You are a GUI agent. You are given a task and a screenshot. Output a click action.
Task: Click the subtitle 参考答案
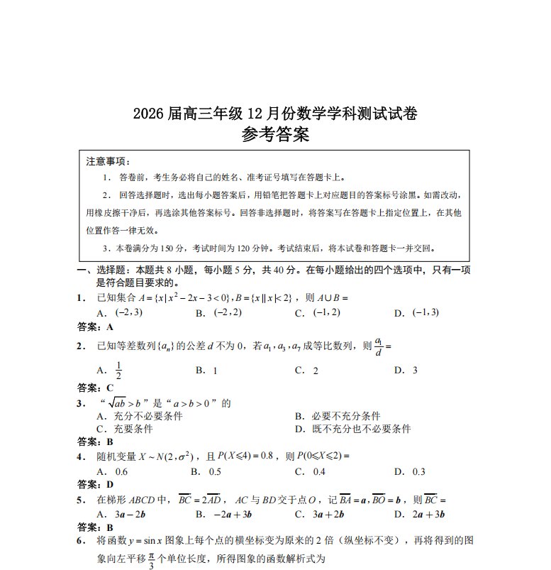click(x=275, y=135)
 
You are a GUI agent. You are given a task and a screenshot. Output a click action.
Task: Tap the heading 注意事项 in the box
click(x=108, y=161)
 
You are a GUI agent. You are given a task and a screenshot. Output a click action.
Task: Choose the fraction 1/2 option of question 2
click(x=118, y=370)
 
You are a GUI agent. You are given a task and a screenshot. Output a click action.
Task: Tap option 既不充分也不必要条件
click(x=362, y=429)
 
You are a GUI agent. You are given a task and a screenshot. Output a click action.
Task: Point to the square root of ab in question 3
click(x=125, y=404)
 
